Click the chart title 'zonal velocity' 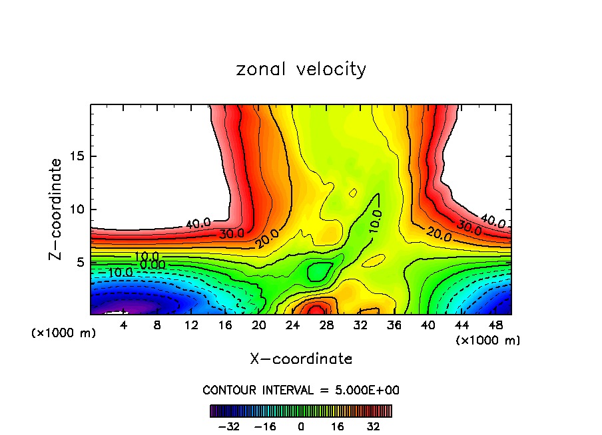pos(301,69)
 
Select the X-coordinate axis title pos(301,359)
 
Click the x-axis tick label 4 pos(124,325)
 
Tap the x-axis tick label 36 pos(394,325)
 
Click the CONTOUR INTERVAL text pos(301,390)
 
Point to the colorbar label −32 pos(229,426)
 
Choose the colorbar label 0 pos(301,426)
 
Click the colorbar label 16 pos(338,426)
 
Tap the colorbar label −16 pos(264,426)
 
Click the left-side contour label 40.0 pos(198,224)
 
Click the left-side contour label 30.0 pos(232,234)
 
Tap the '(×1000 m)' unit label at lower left pos(64,333)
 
